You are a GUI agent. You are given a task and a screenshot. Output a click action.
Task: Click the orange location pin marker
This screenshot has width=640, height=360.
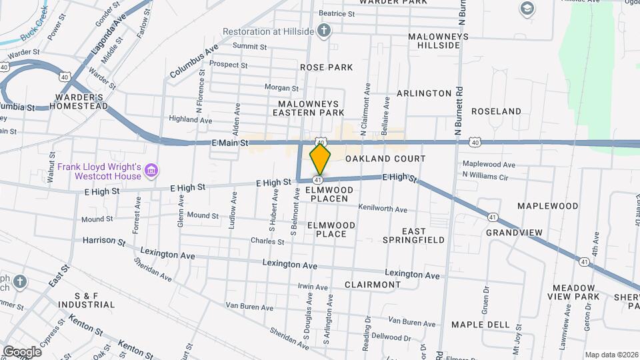pyautogui.click(x=321, y=159)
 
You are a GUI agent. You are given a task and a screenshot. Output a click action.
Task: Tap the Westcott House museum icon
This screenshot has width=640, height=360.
pyautogui.click(x=151, y=171)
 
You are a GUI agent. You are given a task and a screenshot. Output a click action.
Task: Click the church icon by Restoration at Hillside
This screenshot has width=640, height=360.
pyautogui.click(x=323, y=31)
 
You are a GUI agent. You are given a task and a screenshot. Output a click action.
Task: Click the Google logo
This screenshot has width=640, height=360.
pyautogui.click(x=21, y=351)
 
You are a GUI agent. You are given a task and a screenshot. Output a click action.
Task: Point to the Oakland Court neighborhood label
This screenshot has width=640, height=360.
pyautogui.click(x=385, y=159)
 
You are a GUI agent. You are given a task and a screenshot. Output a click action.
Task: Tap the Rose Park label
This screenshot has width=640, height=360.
pyautogui.click(x=326, y=67)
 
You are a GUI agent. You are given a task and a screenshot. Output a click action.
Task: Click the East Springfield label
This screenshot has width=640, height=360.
pyautogui.click(x=413, y=235)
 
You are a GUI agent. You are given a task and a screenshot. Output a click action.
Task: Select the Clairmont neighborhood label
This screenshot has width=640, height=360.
pyautogui.click(x=373, y=284)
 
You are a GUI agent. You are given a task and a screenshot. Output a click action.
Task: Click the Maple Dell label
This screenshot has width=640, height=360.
pyautogui.click(x=480, y=324)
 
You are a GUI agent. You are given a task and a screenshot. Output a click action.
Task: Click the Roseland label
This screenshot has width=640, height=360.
pyautogui.click(x=496, y=111)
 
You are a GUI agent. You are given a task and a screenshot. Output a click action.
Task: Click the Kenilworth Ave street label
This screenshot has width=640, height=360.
pyautogui.click(x=382, y=209)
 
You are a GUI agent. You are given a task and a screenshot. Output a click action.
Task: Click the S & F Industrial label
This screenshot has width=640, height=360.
pyautogui.click(x=95, y=299)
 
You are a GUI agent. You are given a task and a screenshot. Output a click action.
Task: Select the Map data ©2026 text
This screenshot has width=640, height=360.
pyautogui.click(x=611, y=355)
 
